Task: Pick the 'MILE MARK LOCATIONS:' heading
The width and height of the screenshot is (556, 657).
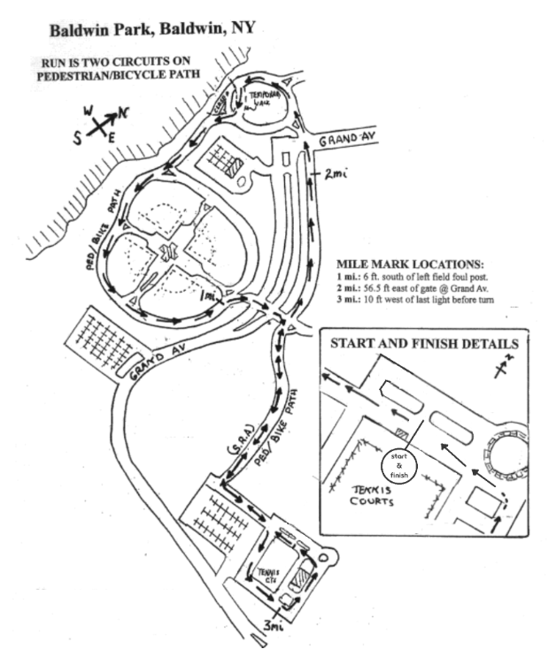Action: pos(410,264)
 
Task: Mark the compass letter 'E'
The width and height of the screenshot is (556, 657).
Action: pos(110,136)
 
